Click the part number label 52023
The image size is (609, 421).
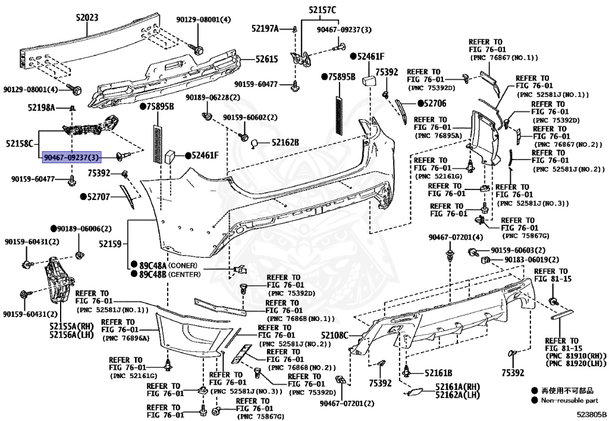coord(87,18)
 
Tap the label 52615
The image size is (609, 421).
coord(267,59)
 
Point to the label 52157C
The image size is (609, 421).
coord(322,10)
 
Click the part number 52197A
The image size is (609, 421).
coord(265,28)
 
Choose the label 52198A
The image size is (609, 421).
coord(41,108)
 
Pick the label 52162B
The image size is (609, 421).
coord(285,142)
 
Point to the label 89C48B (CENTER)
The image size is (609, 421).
coord(167,275)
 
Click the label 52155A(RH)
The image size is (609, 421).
coord(72,326)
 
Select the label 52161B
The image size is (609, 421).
coord(438,372)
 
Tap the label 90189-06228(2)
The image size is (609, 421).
coord(213,97)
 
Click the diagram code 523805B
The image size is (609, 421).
coord(591,414)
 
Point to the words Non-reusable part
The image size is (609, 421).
coord(569,401)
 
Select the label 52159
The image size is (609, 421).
coord(110,244)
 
